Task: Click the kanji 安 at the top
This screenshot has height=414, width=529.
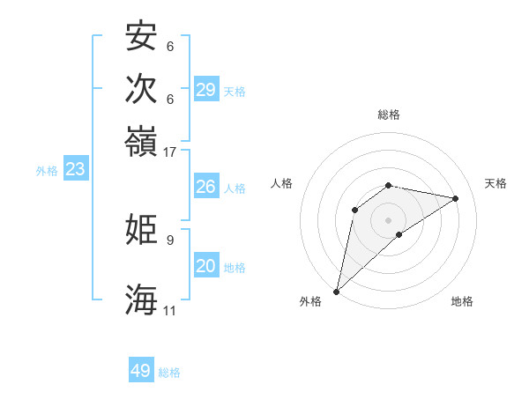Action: coord(141,36)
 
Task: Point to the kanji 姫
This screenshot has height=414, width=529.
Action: coord(141,230)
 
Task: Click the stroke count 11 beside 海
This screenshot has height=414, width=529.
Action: coord(169,310)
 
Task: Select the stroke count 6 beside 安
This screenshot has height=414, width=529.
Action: coord(169,46)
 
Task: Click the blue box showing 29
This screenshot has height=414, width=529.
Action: coord(205,89)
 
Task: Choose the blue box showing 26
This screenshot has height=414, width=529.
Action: coord(205,187)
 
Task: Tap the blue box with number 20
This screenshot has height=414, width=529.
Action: coord(205,266)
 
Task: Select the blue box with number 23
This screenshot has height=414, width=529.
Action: coord(75,169)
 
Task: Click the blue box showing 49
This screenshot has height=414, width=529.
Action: coord(141,371)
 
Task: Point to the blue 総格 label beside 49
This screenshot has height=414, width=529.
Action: coord(169,373)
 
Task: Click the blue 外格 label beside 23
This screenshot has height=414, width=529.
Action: coord(47,171)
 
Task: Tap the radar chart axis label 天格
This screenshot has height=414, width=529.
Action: coord(495,183)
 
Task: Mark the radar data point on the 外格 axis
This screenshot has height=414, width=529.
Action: coord(337,291)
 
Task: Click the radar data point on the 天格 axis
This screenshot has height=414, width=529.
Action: coord(456,198)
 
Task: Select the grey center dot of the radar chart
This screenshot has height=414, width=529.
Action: coord(389,219)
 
